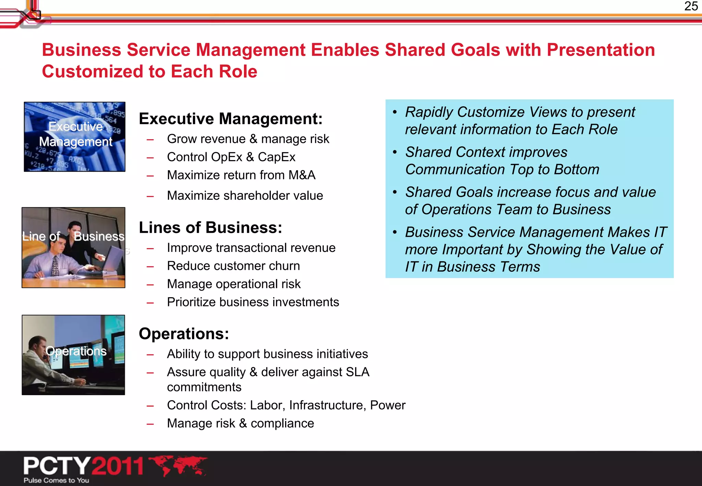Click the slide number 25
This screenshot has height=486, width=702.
[x=691, y=6]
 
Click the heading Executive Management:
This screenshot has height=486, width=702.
[x=231, y=119]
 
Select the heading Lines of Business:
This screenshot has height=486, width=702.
[x=210, y=228]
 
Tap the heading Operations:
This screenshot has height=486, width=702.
[x=184, y=334]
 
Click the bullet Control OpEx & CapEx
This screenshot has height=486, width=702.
[x=231, y=157]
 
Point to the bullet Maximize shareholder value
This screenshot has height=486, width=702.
[x=245, y=196]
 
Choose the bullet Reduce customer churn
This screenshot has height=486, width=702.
[x=233, y=266]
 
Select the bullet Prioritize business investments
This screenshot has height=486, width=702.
[x=253, y=302]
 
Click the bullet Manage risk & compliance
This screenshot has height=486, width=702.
[x=240, y=424]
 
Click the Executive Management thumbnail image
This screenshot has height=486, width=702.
[x=74, y=137]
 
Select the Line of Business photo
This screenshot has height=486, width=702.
[x=73, y=247]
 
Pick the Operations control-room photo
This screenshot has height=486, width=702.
[x=73, y=355]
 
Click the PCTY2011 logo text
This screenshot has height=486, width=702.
[x=83, y=466]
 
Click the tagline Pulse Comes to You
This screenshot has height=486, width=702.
[x=56, y=481]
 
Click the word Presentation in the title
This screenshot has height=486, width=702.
[x=601, y=50]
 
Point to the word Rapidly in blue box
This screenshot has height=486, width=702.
[x=429, y=112]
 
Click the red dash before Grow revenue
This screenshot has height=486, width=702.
[x=150, y=139]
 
